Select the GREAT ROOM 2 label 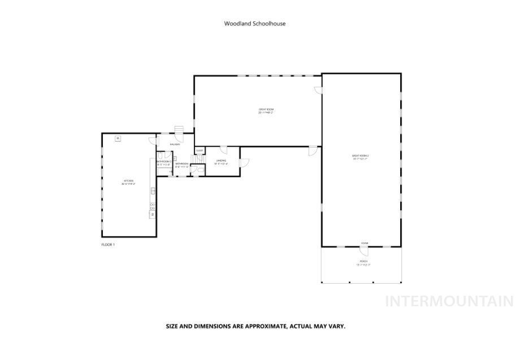click(x=361, y=157)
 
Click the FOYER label click(x=365, y=243)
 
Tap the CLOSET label click(x=200, y=150)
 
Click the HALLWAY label click(x=174, y=144)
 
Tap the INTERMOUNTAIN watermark click(x=449, y=301)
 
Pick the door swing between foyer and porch click(x=364, y=250)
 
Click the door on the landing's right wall click(x=244, y=163)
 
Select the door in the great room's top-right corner click(x=318, y=90)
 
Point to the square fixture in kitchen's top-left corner click(x=118, y=138)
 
